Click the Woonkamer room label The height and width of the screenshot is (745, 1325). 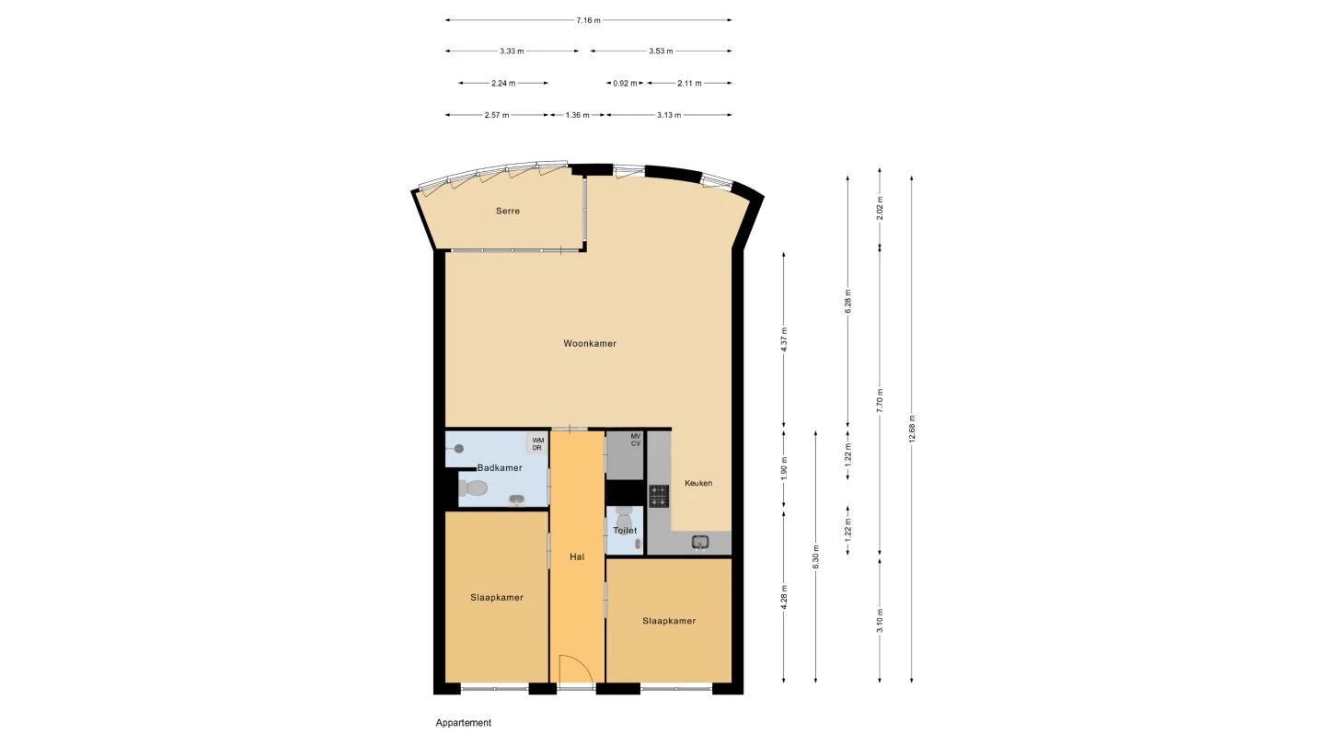click(x=590, y=344)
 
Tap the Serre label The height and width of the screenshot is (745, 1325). click(x=508, y=212)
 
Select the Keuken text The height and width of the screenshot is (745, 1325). click(x=698, y=483)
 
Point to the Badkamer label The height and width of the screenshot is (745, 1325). click(x=500, y=468)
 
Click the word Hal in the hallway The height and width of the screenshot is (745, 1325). click(x=577, y=556)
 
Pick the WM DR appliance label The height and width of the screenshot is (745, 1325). click(x=537, y=444)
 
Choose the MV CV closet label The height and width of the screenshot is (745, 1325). click(x=636, y=440)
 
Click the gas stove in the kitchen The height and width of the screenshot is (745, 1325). click(x=659, y=497)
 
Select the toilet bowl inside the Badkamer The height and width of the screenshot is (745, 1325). click(x=475, y=487)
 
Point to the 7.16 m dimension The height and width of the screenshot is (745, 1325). click(x=588, y=20)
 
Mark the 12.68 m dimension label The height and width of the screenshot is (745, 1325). click(x=911, y=429)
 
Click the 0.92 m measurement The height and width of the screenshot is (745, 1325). click(x=626, y=84)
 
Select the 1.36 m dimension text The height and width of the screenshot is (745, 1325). click(x=578, y=116)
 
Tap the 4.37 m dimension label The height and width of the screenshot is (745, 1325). click(x=783, y=340)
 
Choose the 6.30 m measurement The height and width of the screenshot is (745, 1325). click(x=815, y=557)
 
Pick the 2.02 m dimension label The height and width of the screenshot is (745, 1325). click(x=880, y=207)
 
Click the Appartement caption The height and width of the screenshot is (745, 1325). click(x=464, y=723)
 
